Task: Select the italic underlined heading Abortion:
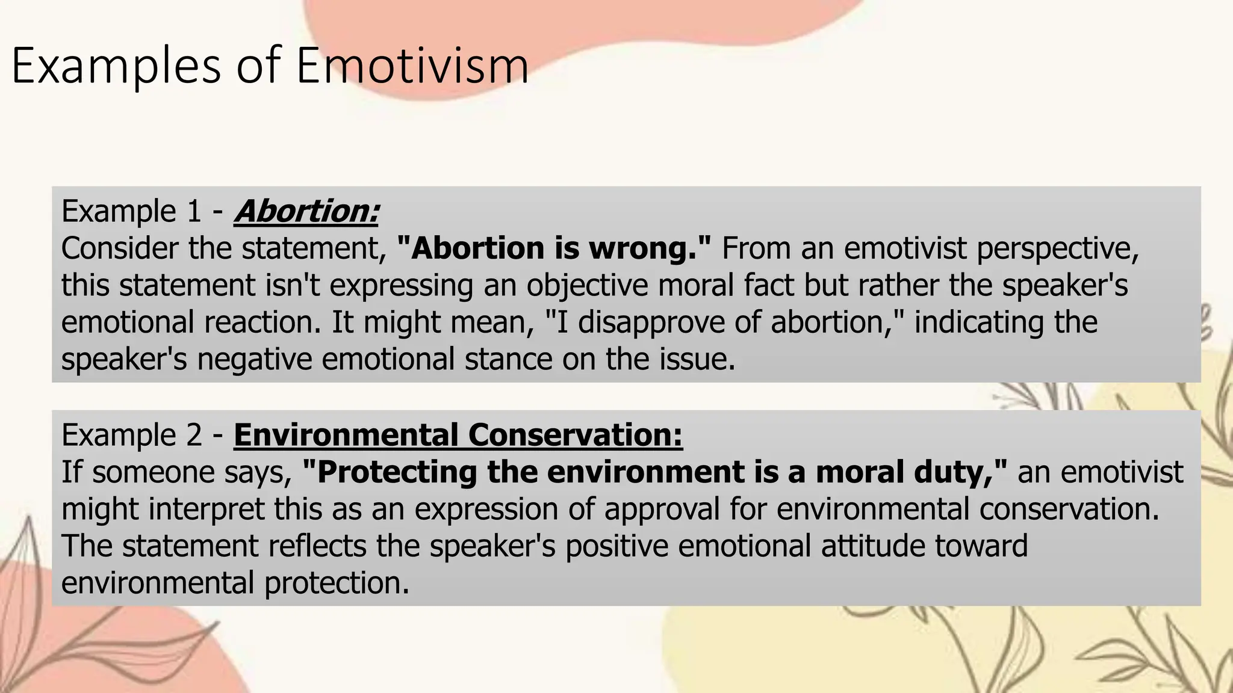(306, 211)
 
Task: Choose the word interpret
(206, 509)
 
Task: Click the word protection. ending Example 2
(337, 583)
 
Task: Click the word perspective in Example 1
(1057, 248)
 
